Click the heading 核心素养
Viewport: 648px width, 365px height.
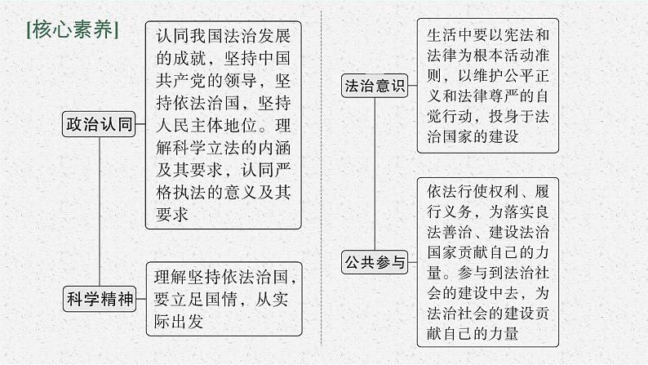point(73,30)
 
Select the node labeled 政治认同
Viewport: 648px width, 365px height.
point(98,125)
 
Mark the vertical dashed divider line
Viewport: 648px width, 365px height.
point(324,180)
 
